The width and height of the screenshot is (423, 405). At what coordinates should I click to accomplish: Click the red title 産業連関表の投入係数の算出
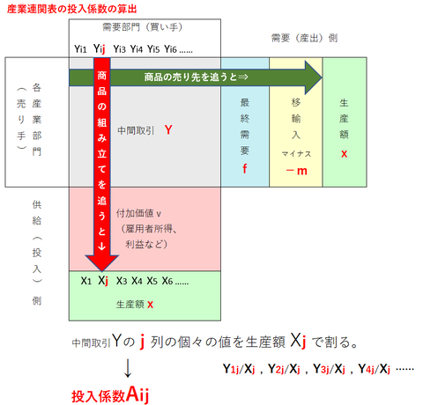pyautogui.click(x=72, y=9)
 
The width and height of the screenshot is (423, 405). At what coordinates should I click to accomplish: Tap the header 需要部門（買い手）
pyautogui.click(x=143, y=27)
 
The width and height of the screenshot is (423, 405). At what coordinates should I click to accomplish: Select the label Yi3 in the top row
pyautogui.click(x=120, y=49)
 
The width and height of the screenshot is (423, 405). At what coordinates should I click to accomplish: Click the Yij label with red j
pyautogui.click(x=100, y=48)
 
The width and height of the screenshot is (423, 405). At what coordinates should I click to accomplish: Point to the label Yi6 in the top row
pyautogui.click(x=170, y=49)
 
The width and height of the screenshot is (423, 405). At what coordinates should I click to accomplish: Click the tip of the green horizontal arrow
pyautogui.click(x=323, y=77)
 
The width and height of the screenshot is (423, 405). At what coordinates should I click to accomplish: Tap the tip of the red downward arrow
pyautogui.click(x=101, y=270)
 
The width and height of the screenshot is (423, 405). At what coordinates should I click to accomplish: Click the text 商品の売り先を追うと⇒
pyautogui.click(x=197, y=77)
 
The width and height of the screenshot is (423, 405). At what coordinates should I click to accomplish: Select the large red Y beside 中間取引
pyautogui.click(x=168, y=129)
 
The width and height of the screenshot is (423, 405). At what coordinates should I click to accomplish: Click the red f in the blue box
pyautogui.click(x=245, y=169)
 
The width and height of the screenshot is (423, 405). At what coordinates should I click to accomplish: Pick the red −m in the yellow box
pyautogui.click(x=296, y=171)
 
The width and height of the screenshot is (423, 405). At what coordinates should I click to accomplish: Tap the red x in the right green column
pyautogui.click(x=345, y=154)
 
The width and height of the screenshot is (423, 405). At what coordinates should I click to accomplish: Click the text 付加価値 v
pyautogui.click(x=138, y=213)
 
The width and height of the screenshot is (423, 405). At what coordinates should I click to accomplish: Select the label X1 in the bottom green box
pyautogui.click(x=86, y=281)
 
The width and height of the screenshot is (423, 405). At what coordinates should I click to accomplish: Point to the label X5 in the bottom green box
pyautogui.click(x=152, y=281)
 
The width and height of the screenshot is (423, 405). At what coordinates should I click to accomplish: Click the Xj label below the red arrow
pyautogui.click(x=103, y=281)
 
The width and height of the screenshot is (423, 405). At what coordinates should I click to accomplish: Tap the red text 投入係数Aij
pyautogui.click(x=110, y=395)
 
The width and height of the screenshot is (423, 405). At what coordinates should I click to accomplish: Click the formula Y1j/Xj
pyautogui.click(x=239, y=369)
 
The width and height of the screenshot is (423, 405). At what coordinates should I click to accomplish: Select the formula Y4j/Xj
pyautogui.click(x=375, y=369)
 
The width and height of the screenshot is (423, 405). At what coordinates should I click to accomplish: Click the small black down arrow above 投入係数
pyautogui.click(x=128, y=369)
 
